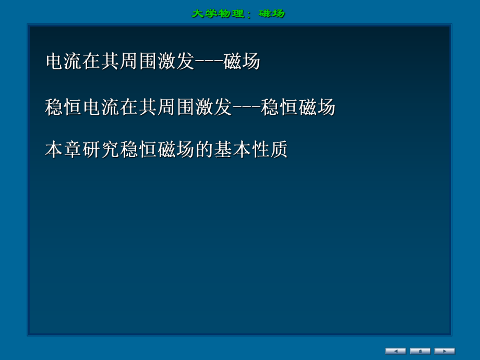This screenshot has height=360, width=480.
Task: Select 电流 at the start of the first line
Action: tap(64, 62)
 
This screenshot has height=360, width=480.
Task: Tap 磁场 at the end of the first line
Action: tap(242, 62)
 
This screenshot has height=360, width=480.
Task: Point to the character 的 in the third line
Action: tap(204, 151)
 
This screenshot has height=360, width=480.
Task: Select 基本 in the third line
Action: tap(232, 151)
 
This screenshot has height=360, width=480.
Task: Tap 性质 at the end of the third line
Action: tap(269, 151)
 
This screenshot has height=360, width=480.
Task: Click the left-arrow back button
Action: tap(395, 351)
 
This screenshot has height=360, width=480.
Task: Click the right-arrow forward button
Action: tap(445, 351)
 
